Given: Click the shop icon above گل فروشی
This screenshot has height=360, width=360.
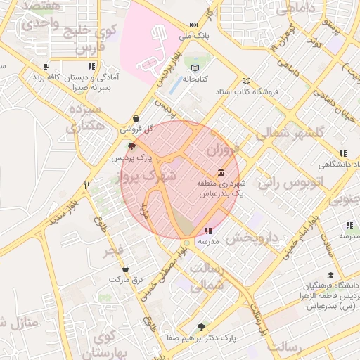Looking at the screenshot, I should [135, 119].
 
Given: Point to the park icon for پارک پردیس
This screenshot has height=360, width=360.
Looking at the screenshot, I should [131, 146].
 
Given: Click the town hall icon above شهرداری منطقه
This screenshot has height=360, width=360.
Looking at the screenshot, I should [221, 172].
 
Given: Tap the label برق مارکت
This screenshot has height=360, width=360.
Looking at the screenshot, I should [125, 279].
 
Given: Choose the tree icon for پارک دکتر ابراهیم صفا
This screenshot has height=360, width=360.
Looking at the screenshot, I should [202, 327].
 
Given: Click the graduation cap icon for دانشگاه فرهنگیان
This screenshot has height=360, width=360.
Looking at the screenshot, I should [330, 276].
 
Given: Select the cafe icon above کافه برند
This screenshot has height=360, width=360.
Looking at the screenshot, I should [46, 67].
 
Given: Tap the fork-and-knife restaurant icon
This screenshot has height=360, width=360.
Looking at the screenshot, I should [87, 186].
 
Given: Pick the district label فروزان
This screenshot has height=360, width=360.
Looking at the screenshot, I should [226, 150].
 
